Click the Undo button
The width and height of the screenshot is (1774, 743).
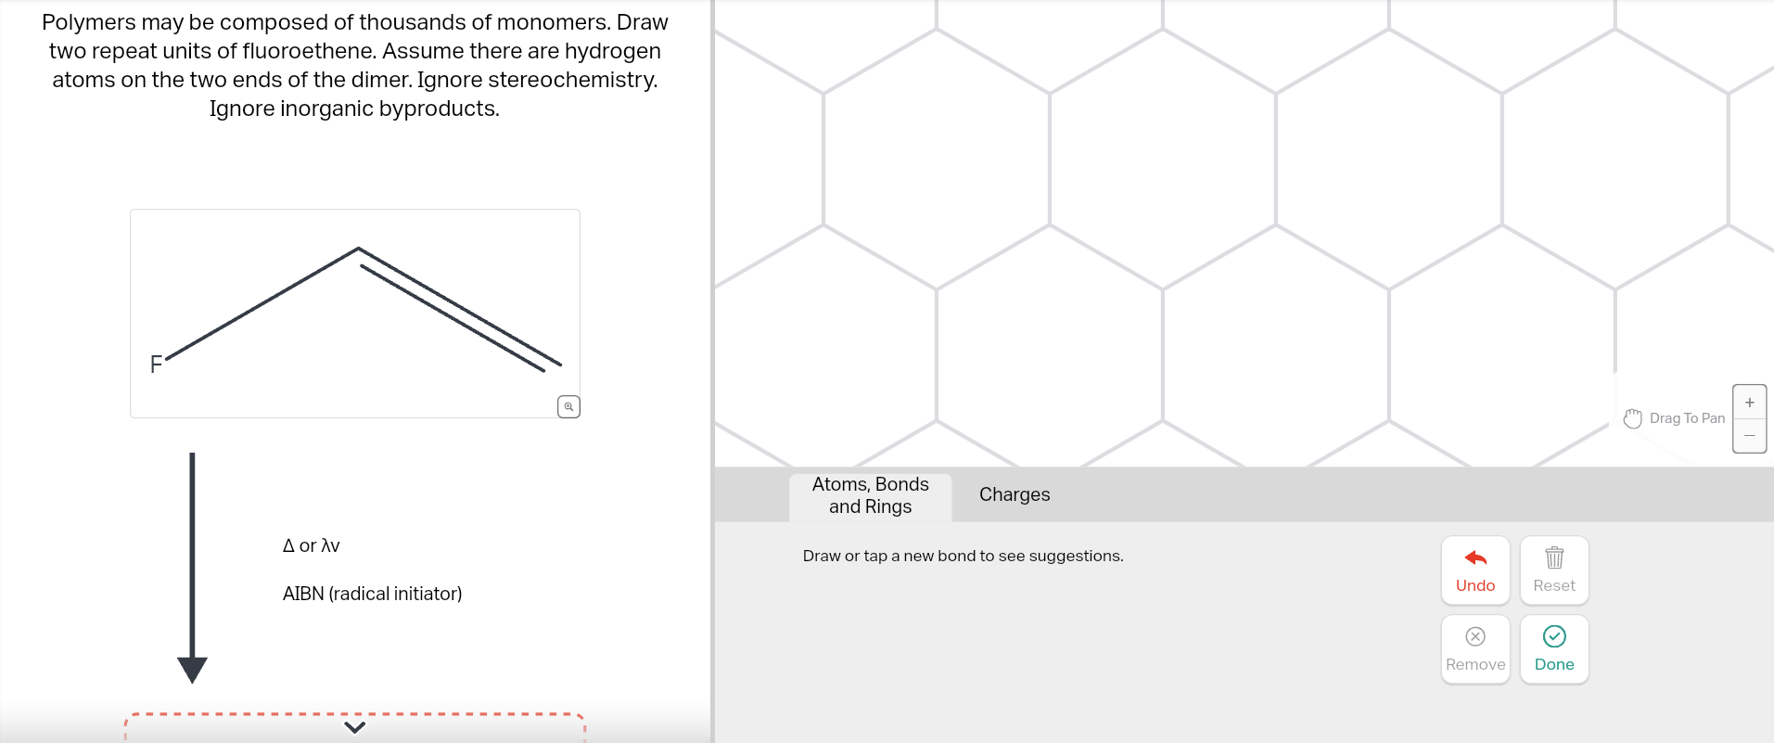[1474, 570]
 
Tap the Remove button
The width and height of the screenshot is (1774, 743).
[1474, 649]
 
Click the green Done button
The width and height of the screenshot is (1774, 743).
[1553, 649]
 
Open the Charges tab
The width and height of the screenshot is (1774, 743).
[1015, 494]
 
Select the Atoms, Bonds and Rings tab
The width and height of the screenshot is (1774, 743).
[870, 495]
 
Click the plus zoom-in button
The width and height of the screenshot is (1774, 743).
[1749, 403]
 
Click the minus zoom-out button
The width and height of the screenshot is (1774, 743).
[1749, 435]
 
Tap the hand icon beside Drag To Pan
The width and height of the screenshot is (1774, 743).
[1633, 418]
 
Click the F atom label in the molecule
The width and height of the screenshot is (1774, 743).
[156, 365]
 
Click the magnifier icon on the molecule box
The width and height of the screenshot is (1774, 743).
[568, 406]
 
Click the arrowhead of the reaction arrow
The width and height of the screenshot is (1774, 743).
[192, 669]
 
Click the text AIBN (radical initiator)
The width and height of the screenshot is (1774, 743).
[372, 594]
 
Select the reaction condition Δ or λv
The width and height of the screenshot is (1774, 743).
[311, 545]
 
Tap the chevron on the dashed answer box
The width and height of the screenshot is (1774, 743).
[354, 726]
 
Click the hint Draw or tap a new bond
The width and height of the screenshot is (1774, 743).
[963, 556]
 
